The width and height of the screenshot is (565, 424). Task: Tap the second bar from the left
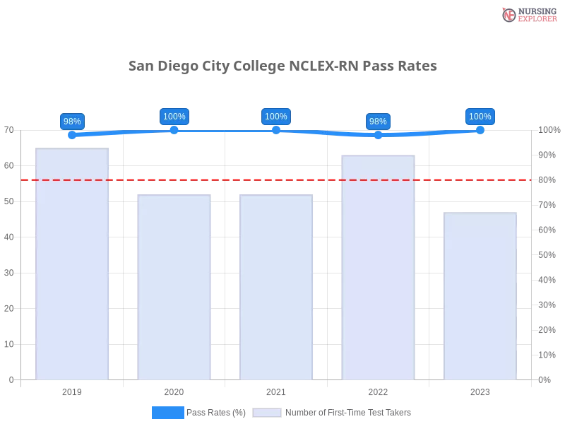coord(175,286)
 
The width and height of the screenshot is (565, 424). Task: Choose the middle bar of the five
coord(276,286)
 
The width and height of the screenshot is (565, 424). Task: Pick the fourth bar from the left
coord(378,266)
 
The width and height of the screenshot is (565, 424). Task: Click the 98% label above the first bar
coord(72,121)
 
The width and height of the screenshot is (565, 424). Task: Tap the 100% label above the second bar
coord(174,117)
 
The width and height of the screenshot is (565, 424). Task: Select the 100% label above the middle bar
coord(275,117)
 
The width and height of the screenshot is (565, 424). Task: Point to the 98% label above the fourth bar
coord(378,121)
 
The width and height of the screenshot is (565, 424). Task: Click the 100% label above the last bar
coord(480,117)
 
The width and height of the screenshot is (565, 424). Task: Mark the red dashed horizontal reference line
coord(275,179)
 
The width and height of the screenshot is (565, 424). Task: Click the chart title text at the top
coord(282,66)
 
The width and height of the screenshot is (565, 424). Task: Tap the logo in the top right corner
coord(528,14)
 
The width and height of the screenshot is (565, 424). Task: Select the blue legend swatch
coord(167,412)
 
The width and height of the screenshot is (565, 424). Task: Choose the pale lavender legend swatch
coord(267,412)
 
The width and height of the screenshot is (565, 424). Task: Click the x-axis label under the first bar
coord(73,390)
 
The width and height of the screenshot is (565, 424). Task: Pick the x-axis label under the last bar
coord(480,390)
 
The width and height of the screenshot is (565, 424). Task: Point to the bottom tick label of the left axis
coord(11,379)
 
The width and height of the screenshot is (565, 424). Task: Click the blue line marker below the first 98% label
coord(72,135)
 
